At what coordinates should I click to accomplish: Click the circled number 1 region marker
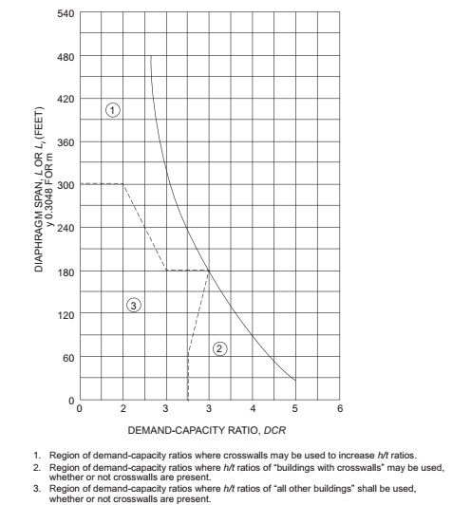coord(113,111)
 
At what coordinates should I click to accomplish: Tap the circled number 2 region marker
coord(220,348)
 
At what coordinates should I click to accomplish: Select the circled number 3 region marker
coord(135,305)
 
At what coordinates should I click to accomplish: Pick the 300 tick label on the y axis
coord(64,184)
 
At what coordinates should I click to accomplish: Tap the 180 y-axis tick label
coord(64,271)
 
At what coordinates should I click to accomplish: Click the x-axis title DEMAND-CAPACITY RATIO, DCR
coord(209,432)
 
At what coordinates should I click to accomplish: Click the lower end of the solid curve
coord(295,380)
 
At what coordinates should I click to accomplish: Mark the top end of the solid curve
coord(151,57)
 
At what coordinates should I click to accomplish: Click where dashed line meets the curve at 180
coord(209,271)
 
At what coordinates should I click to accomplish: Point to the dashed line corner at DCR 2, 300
coord(123,184)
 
